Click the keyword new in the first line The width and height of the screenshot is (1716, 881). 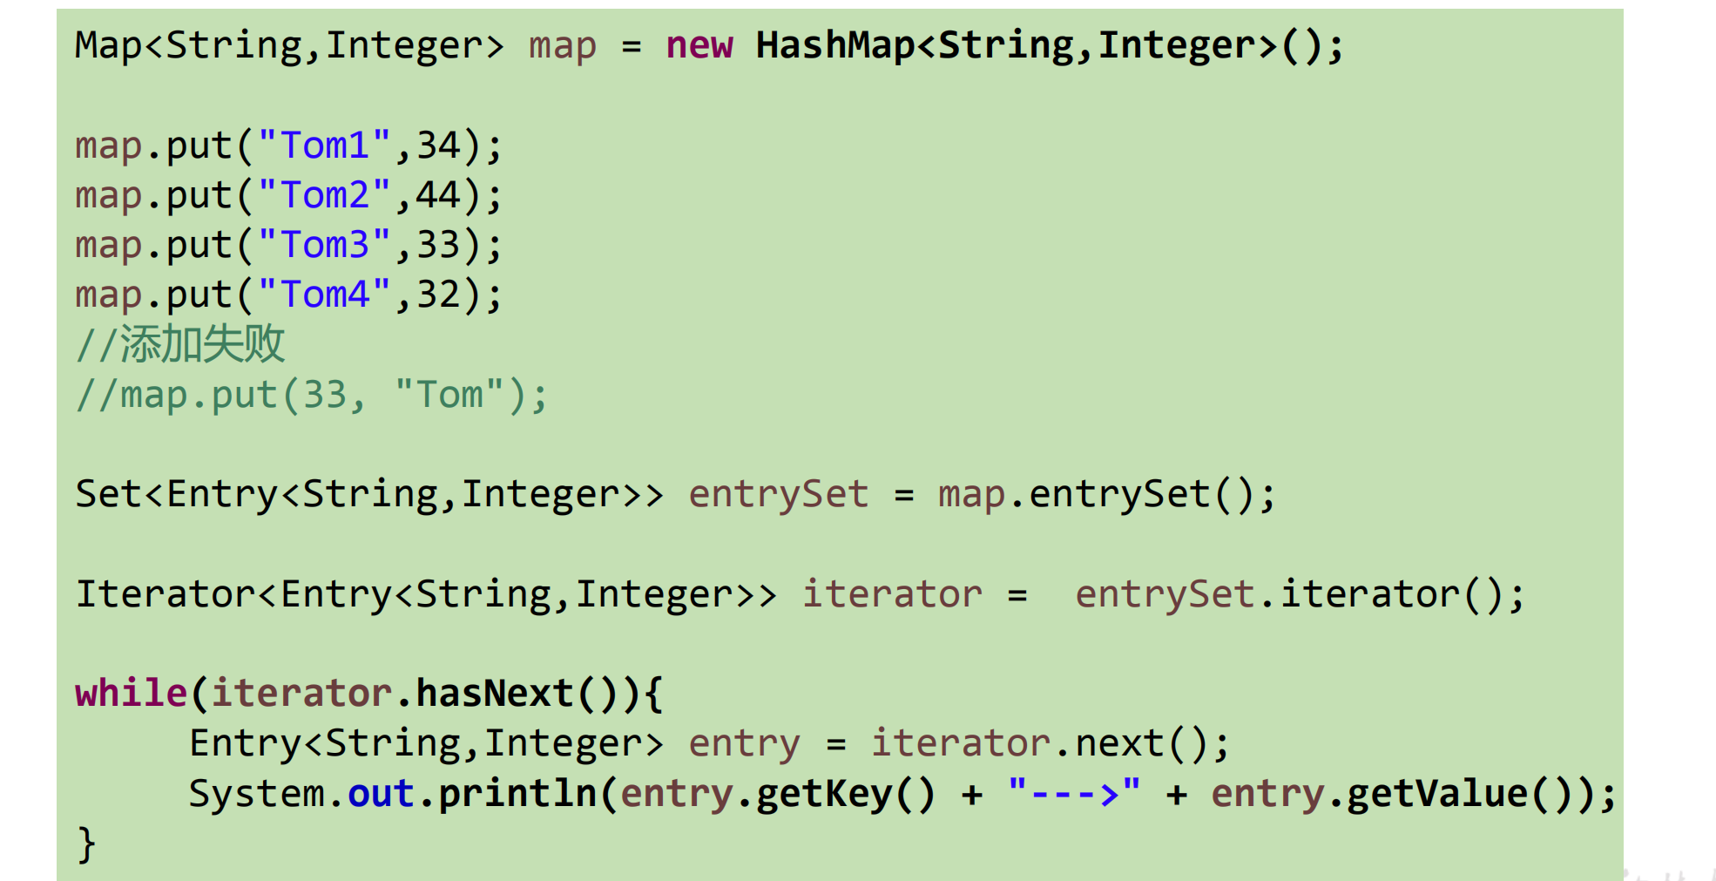699,45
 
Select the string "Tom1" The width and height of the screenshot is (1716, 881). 324,146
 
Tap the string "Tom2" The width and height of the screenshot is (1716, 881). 324,195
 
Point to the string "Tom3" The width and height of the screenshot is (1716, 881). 324,245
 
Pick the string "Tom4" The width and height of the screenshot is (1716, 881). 324,295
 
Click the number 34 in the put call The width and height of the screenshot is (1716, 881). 438,146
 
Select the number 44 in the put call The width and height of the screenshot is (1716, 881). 438,195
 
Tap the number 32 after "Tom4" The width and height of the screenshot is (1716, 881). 438,295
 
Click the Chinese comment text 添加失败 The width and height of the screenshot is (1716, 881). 202,343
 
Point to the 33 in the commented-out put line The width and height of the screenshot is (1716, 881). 325,395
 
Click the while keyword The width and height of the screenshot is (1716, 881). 131,694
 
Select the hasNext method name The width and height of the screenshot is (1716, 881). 494,694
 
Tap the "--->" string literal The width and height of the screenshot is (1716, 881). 1073,794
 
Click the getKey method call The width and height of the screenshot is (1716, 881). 823,794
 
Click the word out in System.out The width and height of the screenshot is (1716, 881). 381,794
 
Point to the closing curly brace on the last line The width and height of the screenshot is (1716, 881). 85,844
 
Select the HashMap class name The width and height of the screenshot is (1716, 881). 834,45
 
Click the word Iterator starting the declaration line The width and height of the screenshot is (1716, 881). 166,594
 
